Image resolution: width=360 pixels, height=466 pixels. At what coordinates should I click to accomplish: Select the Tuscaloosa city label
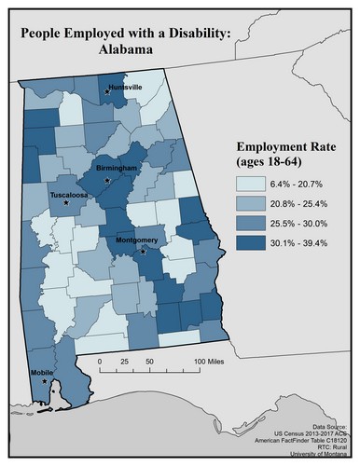pyautogui.click(x=69, y=197)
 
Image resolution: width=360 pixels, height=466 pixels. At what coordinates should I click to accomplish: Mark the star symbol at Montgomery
pyautogui.click(x=143, y=252)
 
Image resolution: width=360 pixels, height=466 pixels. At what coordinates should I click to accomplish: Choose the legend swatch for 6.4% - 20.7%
pyautogui.click(x=250, y=185)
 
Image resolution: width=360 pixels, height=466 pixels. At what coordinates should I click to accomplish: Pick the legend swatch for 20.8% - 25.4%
pyautogui.click(x=250, y=203)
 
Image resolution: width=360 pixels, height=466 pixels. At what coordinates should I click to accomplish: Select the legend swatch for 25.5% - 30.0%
pyautogui.click(x=250, y=223)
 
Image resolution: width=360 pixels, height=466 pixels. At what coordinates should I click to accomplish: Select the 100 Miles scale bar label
pyautogui.click(x=213, y=359)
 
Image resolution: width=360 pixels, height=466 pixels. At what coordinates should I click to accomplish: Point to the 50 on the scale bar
pyautogui.click(x=149, y=359)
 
